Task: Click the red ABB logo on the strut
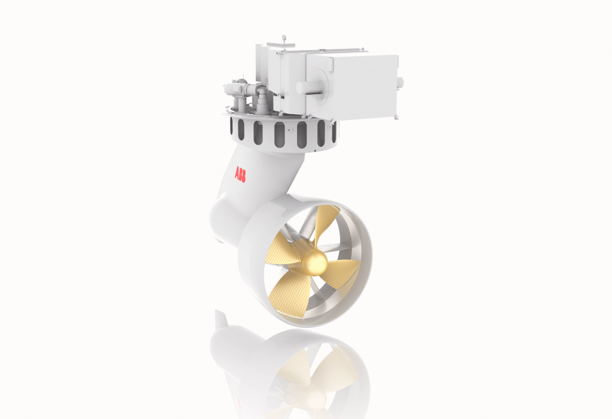(240, 175)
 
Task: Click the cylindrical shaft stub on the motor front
(306, 88)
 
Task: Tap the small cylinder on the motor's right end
(400, 82)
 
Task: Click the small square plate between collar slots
(289, 130)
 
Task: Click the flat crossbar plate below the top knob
(281, 45)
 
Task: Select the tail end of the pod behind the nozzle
(220, 227)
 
